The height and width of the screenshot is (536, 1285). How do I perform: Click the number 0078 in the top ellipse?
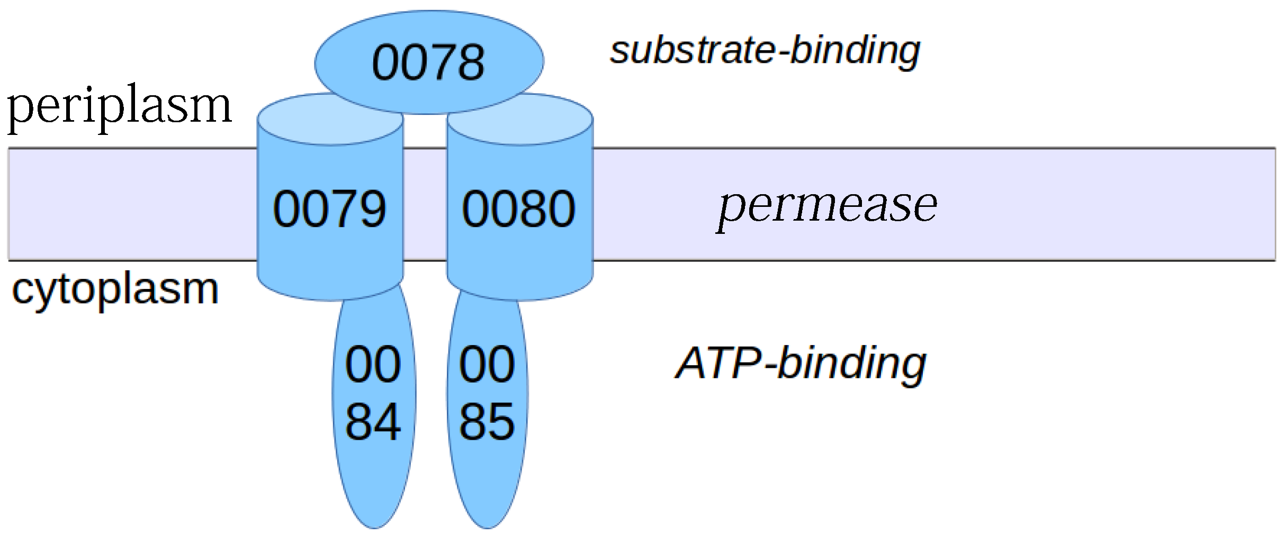click(x=428, y=63)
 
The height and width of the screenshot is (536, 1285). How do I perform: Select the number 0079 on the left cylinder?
click(x=329, y=209)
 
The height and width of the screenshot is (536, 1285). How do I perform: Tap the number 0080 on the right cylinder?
click(x=518, y=209)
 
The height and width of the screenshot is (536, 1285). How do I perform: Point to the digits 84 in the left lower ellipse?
click(x=373, y=422)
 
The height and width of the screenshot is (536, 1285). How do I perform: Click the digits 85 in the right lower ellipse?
click(x=487, y=422)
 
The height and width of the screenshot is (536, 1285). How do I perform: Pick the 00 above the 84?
click(x=373, y=364)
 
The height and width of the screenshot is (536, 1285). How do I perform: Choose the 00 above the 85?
click(x=487, y=364)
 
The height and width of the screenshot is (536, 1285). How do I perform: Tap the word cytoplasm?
click(x=115, y=289)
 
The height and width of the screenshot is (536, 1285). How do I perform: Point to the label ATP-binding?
click(x=801, y=364)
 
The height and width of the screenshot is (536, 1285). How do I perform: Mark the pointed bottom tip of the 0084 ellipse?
click(x=374, y=527)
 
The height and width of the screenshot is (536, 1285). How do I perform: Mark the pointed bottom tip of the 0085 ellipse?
click(x=488, y=527)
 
